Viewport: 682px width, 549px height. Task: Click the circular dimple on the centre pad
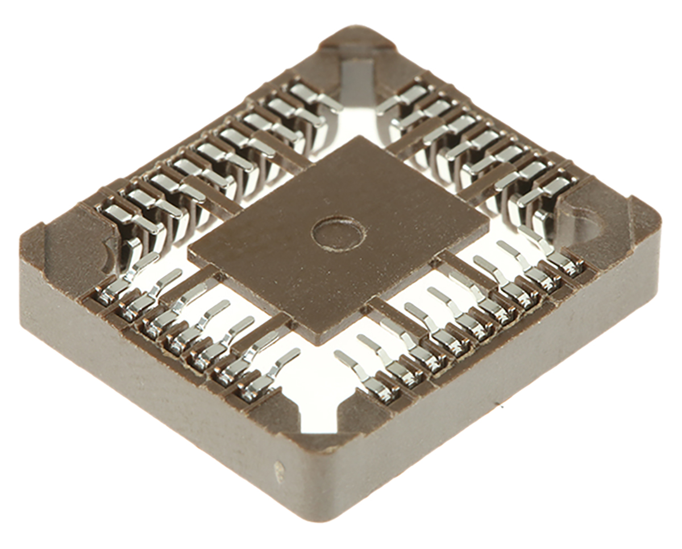(339, 233)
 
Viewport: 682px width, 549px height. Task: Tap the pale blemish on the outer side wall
(279, 472)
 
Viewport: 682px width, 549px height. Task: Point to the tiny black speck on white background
(501, 407)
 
